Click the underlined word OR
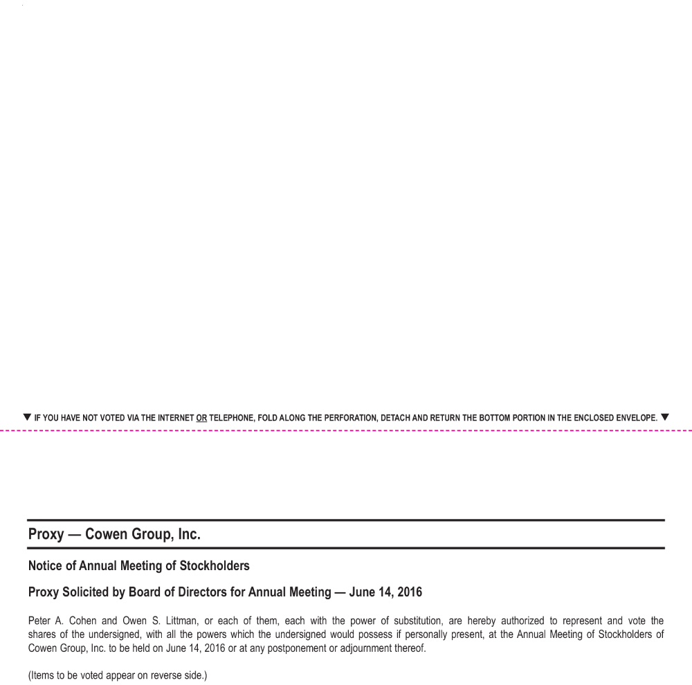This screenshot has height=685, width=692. tap(201, 418)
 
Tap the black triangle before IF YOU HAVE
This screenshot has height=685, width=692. tap(27, 417)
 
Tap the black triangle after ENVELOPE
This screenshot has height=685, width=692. tap(665, 417)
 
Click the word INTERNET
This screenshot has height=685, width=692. tap(176, 418)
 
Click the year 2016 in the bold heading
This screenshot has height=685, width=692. tap(409, 592)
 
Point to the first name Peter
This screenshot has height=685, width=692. tap(40, 621)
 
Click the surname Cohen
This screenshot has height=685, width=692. tap(83, 621)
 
